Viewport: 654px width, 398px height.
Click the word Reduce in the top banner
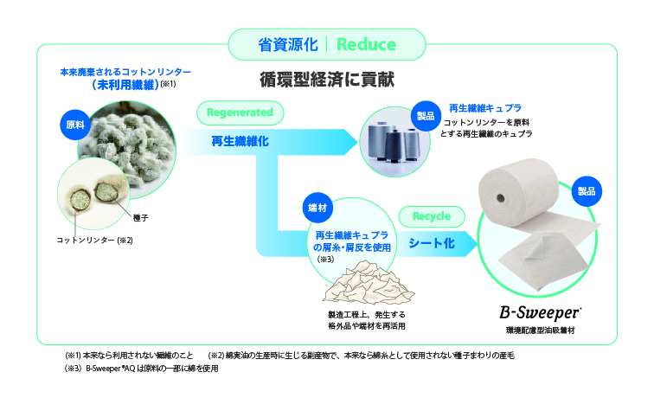366,44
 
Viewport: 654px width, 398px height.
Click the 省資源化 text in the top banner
288,44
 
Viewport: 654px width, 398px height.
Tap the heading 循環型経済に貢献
327,80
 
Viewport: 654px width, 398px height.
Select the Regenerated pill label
240,112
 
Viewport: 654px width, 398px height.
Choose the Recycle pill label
432,216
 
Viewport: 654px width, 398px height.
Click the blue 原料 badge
75,125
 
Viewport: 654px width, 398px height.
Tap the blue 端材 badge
317,208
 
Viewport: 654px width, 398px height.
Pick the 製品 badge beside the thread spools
426,116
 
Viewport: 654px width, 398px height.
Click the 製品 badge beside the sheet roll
587,191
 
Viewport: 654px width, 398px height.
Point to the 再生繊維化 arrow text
240,141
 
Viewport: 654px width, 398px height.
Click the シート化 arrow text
432,243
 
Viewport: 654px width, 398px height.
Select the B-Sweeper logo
540,312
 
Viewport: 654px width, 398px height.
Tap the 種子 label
140,218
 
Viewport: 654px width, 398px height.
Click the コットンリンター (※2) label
94,241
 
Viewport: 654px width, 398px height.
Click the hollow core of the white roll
500,197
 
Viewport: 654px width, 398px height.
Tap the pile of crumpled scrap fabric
368,282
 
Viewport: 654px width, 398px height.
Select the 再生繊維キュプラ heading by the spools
485,108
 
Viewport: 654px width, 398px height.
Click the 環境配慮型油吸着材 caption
540,331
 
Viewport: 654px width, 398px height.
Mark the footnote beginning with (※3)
142,369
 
